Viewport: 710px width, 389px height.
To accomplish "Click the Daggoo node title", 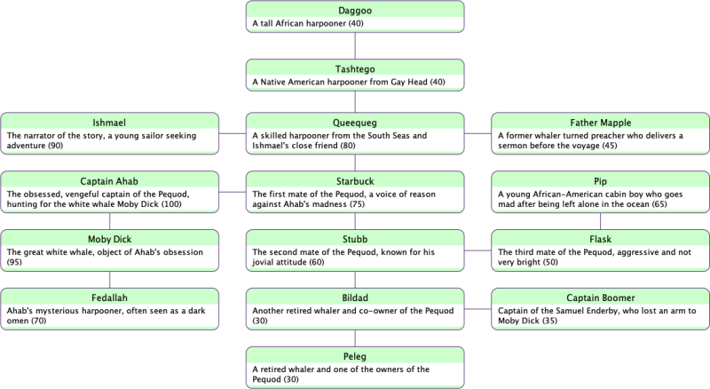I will (355, 9).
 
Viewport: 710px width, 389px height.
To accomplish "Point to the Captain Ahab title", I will (110, 179).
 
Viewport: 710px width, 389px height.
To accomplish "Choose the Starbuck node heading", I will (355, 179).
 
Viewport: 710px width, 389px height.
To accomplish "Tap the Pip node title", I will (600, 179).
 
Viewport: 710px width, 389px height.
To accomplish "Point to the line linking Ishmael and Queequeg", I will (233, 133).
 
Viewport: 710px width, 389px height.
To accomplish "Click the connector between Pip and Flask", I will (600, 220).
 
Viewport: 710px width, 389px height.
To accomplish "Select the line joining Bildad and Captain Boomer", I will (477, 309).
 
